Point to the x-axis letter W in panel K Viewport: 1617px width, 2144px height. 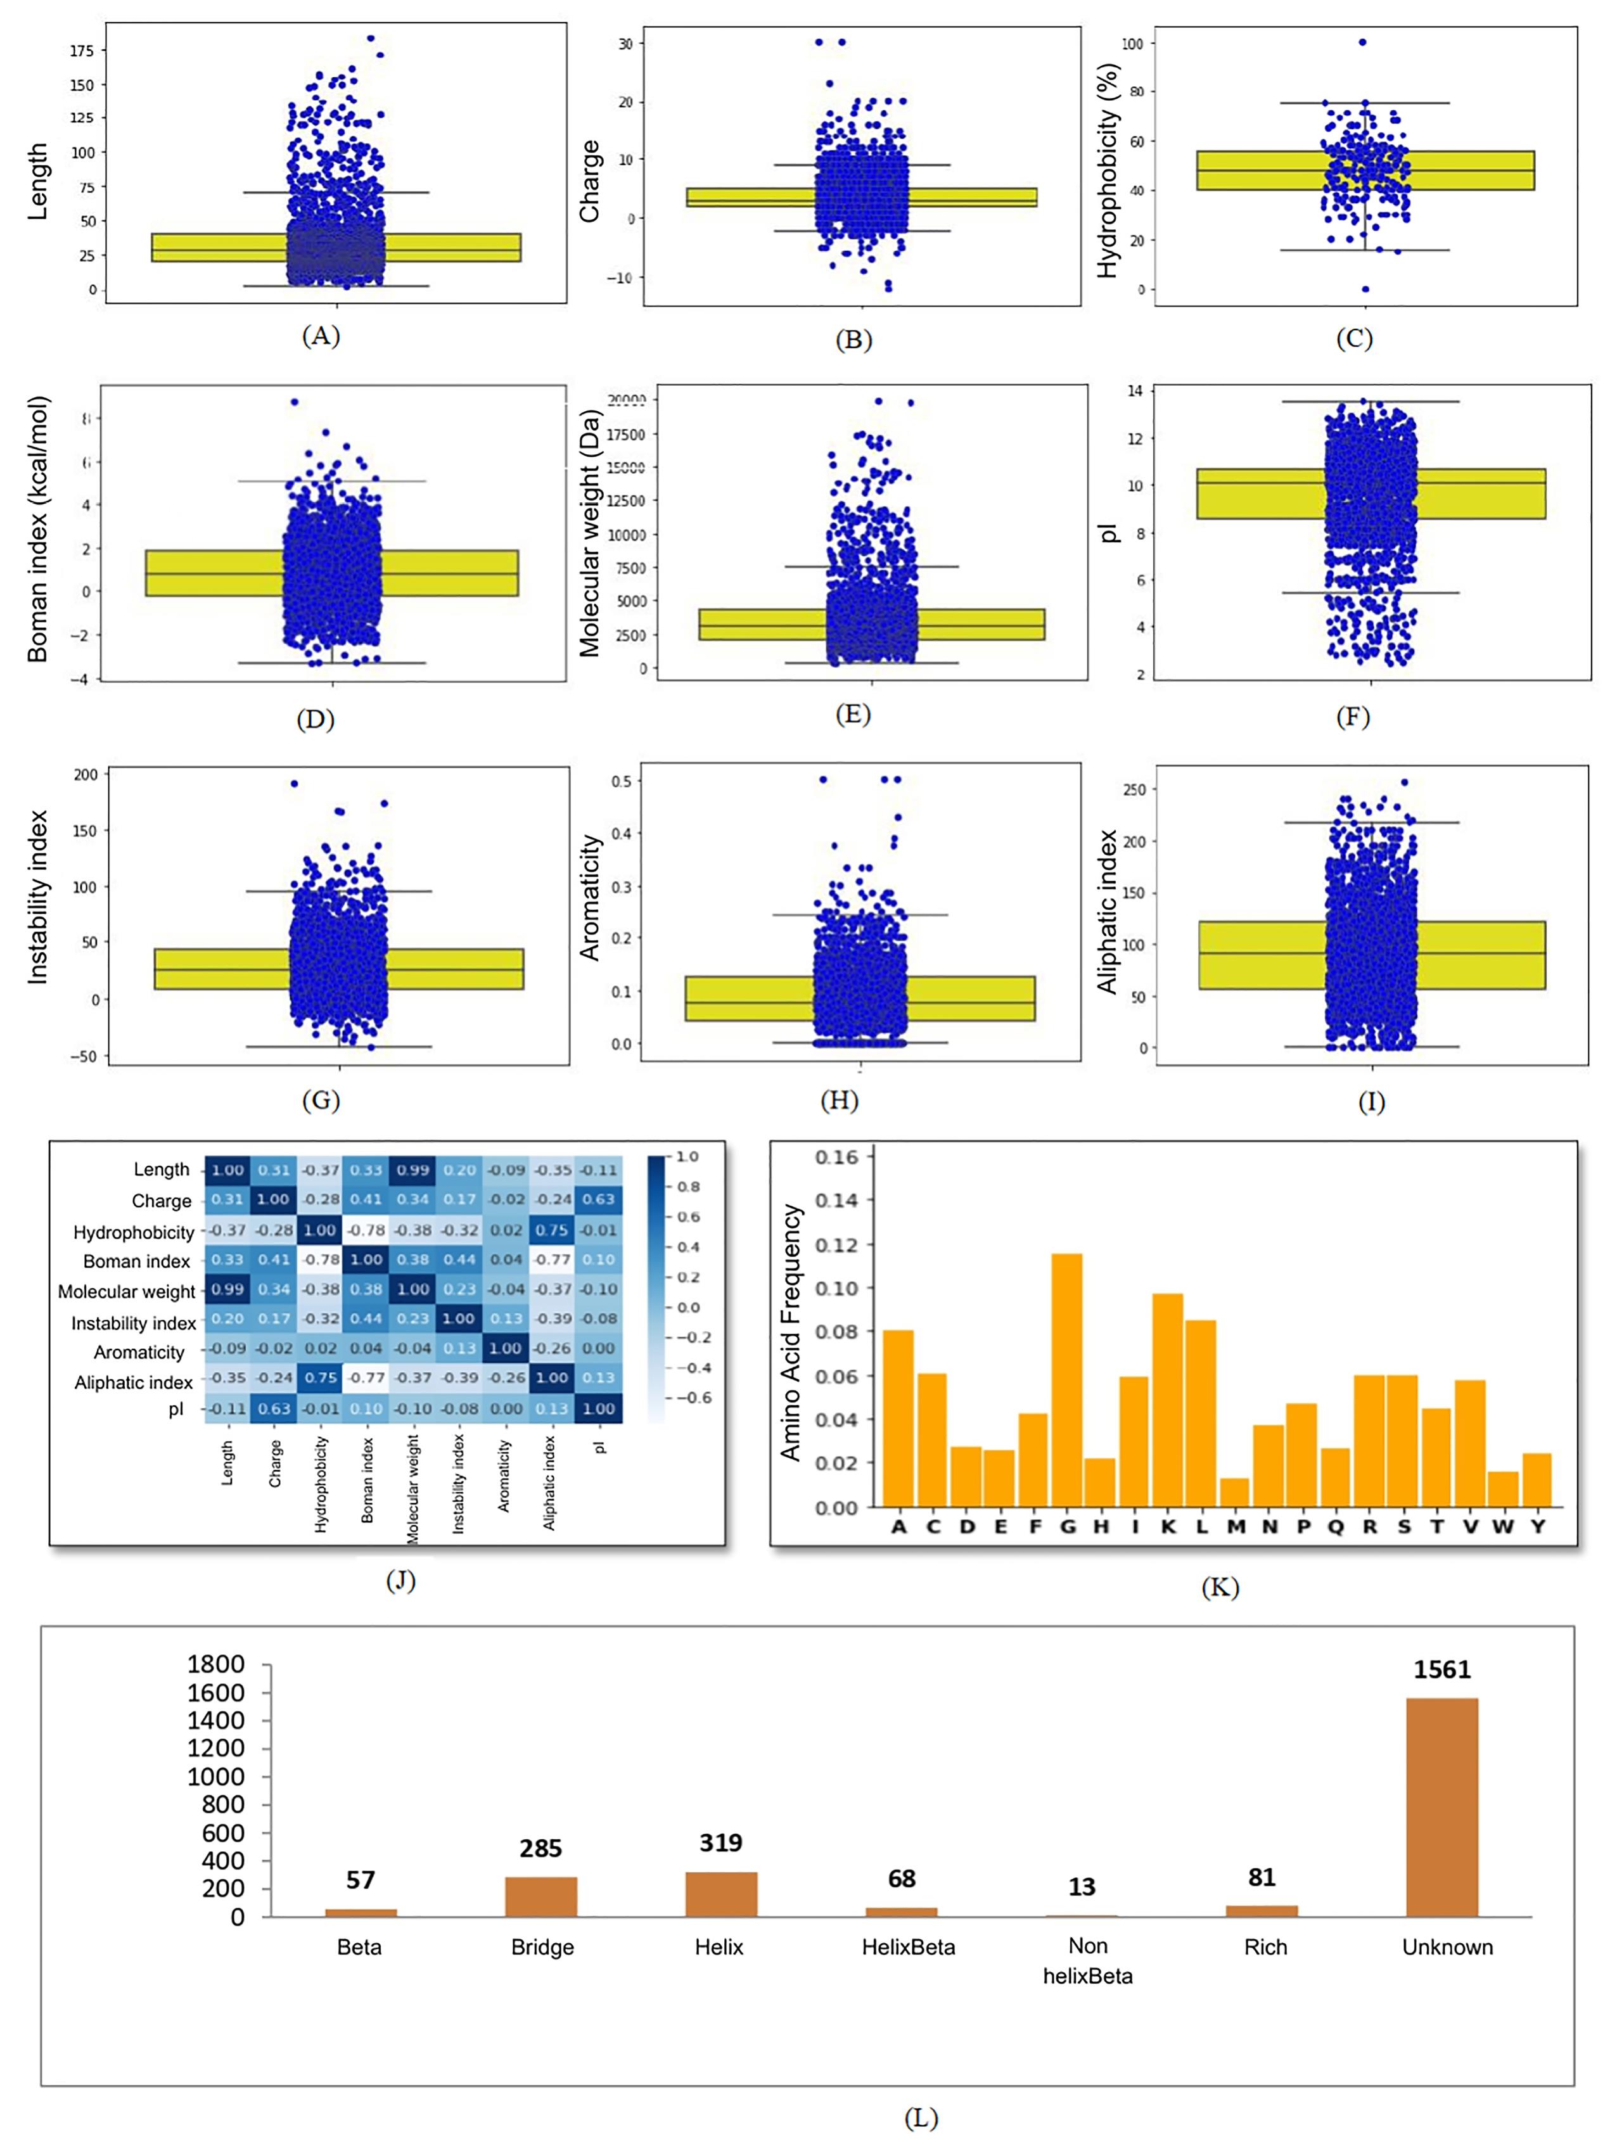pos(1502,1526)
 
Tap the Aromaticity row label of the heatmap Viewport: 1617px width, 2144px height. pos(139,1352)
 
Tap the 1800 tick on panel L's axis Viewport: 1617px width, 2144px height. pos(215,1664)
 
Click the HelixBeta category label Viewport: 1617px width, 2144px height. pos(909,1947)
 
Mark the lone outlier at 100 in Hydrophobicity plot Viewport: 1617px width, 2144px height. pos(1362,42)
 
